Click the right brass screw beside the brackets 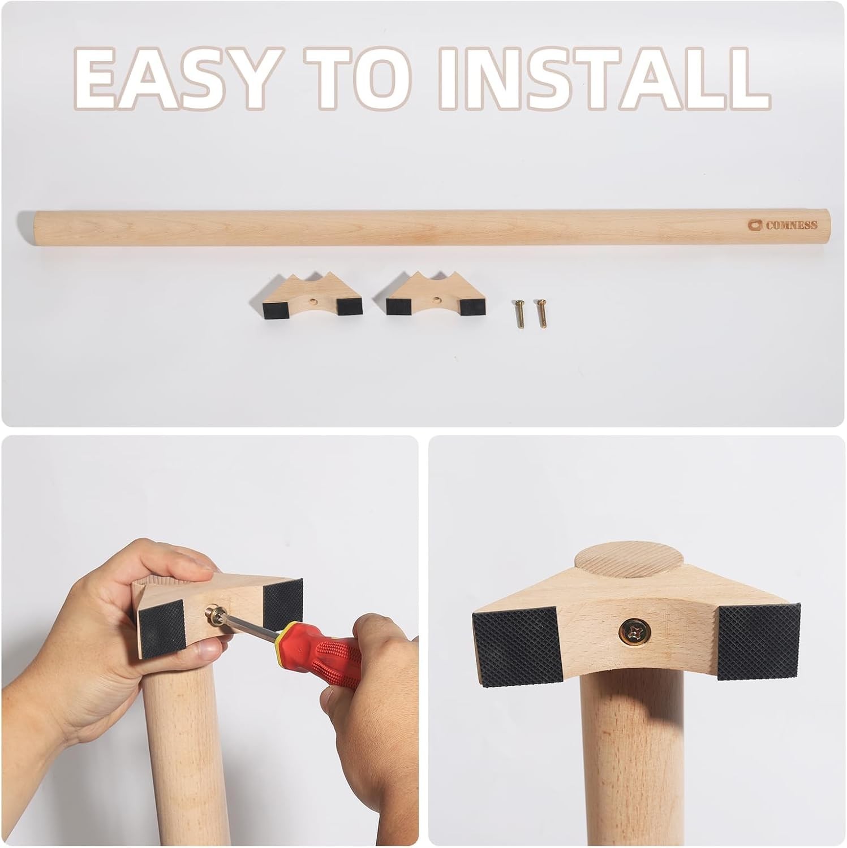(541, 312)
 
